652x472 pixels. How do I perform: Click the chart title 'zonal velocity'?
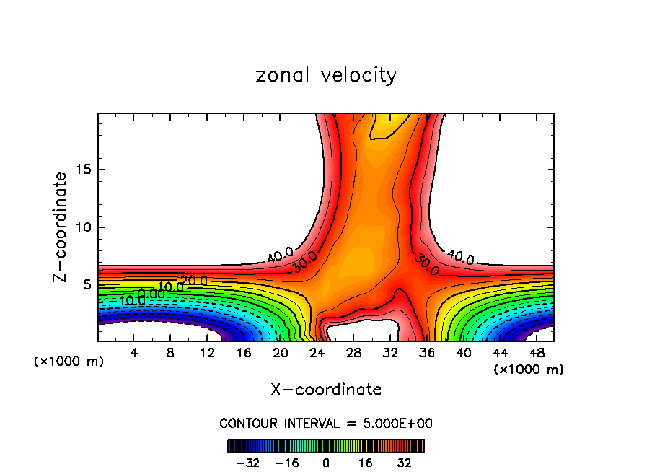pyautogui.click(x=326, y=75)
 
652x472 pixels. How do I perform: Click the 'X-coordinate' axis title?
pyautogui.click(x=326, y=390)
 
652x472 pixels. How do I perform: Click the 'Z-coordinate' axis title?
pyautogui.click(x=61, y=227)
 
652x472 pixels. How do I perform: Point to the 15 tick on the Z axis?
pyautogui.click(x=84, y=170)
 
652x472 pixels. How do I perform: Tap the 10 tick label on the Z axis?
pyautogui.click(x=84, y=227)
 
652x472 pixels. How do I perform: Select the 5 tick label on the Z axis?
pyautogui.click(x=87, y=285)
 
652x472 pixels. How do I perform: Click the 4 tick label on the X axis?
pyautogui.click(x=133, y=353)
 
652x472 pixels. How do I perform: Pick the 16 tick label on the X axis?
pyautogui.click(x=244, y=353)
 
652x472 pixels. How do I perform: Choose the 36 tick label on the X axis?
pyautogui.click(x=426, y=353)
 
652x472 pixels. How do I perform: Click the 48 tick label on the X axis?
pyautogui.click(x=536, y=353)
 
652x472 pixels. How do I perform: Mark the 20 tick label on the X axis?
pyautogui.click(x=281, y=353)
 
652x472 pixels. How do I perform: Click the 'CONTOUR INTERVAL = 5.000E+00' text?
pyautogui.click(x=326, y=423)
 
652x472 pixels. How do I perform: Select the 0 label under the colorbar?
pyautogui.click(x=326, y=463)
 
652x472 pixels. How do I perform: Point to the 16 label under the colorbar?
pyautogui.click(x=365, y=463)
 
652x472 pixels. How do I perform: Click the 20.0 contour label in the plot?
pyautogui.click(x=193, y=280)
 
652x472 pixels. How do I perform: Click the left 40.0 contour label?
pyautogui.click(x=279, y=254)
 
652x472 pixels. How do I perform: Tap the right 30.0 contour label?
pyautogui.click(x=426, y=266)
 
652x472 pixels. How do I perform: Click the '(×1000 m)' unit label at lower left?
pyautogui.click(x=69, y=362)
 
